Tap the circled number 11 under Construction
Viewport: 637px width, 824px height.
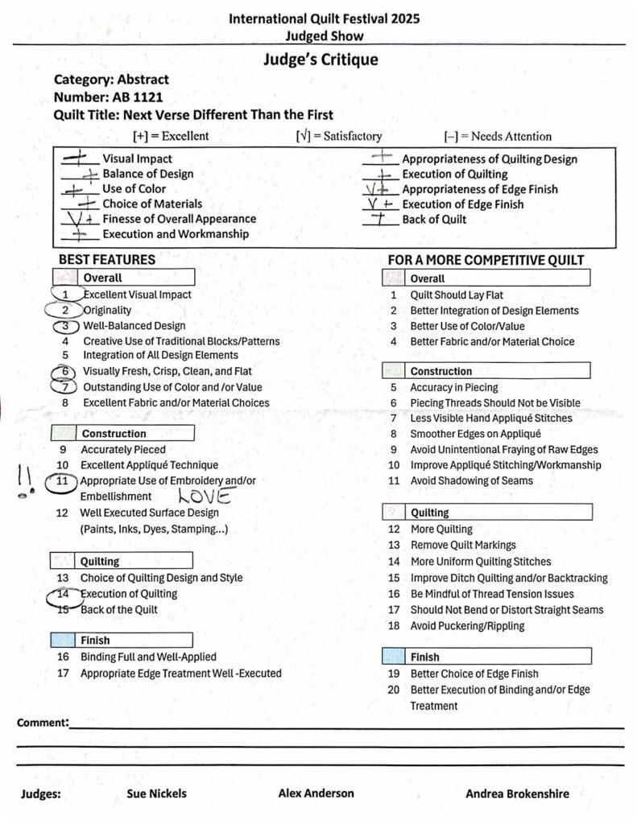[62, 481]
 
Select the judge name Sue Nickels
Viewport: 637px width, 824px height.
[156, 793]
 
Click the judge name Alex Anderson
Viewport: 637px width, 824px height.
[316, 793]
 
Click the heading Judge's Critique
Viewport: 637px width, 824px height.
[320, 60]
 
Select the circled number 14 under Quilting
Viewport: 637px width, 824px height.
[62, 595]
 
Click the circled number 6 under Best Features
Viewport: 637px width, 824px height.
[62, 372]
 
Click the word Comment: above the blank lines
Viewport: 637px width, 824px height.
[42, 723]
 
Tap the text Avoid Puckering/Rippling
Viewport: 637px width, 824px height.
[467, 626]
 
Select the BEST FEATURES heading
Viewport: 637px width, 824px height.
[106, 260]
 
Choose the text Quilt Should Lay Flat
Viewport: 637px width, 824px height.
[457, 295]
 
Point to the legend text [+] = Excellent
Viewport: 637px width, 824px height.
[171, 136]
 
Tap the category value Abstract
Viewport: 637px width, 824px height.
[143, 80]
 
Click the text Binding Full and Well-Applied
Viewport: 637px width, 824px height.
[148, 657]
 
